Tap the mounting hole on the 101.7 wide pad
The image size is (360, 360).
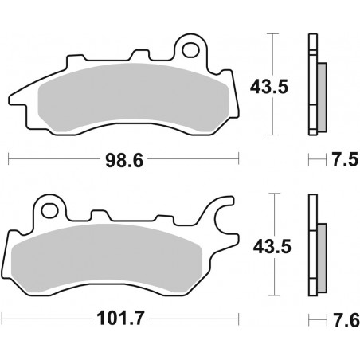pos(50,212)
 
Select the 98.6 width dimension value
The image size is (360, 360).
pos(123,161)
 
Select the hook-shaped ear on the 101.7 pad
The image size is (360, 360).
pos(225,219)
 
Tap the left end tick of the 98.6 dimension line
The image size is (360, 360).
pos(8,161)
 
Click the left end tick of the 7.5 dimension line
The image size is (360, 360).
pos(309,161)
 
